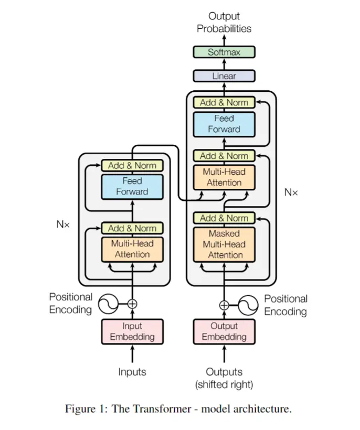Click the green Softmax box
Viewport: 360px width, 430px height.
(x=224, y=52)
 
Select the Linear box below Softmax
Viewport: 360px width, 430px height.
(x=224, y=76)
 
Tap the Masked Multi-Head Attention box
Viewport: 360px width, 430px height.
(x=225, y=244)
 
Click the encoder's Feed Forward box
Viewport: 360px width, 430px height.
(x=132, y=186)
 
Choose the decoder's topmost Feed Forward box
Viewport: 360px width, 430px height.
(x=224, y=124)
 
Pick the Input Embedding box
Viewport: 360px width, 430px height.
(x=132, y=331)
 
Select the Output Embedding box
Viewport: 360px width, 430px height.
(x=224, y=331)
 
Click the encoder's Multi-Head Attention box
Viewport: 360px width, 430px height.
(x=132, y=249)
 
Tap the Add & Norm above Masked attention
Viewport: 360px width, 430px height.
(x=224, y=218)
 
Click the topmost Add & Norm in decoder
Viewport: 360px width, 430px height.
(x=224, y=102)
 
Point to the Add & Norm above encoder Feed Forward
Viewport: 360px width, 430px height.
(x=132, y=166)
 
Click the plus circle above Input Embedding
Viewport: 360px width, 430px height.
(x=132, y=303)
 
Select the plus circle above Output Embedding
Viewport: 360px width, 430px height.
(x=224, y=304)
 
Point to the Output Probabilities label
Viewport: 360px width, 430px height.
(x=224, y=23)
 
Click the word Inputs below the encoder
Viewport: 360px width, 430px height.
(x=132, y=372)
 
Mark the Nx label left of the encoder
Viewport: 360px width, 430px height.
(x=63, y=224)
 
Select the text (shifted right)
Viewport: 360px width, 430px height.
(x=224, y=385)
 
